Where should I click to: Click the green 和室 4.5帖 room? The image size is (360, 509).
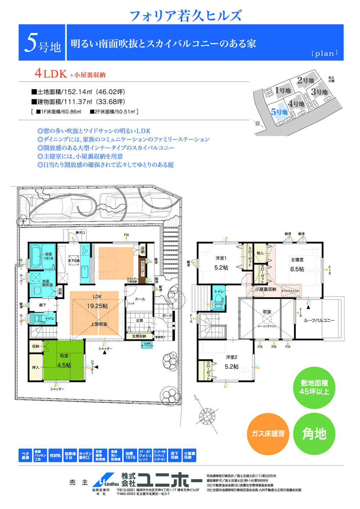pyautogui.click(x=64, y=361)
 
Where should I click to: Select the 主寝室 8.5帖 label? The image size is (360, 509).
pyautogui.click(x=297, y=264)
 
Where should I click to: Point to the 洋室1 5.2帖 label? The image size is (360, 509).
pyautogui.click(x=221, y=263)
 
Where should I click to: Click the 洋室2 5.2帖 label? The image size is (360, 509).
pyautogui.click(x=231, y=362)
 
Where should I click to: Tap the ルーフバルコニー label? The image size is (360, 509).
pyautogui.click(x=319, y=320)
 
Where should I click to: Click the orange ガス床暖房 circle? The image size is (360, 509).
pyautogui.click(x=268, y=434)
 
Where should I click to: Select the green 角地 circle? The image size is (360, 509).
pyautogui.click(x=314, y=434)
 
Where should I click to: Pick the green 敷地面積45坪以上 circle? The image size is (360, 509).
pyautogui.click(x=314, y=388)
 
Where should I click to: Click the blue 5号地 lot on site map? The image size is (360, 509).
pyautogui.click(x=279, y=112)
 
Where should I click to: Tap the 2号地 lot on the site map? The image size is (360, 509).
pyautogui.click(x=305, y=80)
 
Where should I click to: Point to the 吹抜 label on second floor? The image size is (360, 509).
pyautogui.click(x=267, y=312)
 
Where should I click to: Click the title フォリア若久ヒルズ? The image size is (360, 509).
pyautogui.click(x=185, y=15)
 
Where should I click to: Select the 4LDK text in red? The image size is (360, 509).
pyautogui.click(x=51, y=74)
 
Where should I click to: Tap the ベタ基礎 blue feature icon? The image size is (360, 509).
pyautogui.click(x=25, y=455)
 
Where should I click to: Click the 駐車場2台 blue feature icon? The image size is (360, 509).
pyautogui.click(x=70, y=455)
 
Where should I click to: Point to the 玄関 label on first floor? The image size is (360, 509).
pyautogui.click(x=140, y=320)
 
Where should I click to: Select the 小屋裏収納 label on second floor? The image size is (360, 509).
pyautogui.click(x=266, y=289)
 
